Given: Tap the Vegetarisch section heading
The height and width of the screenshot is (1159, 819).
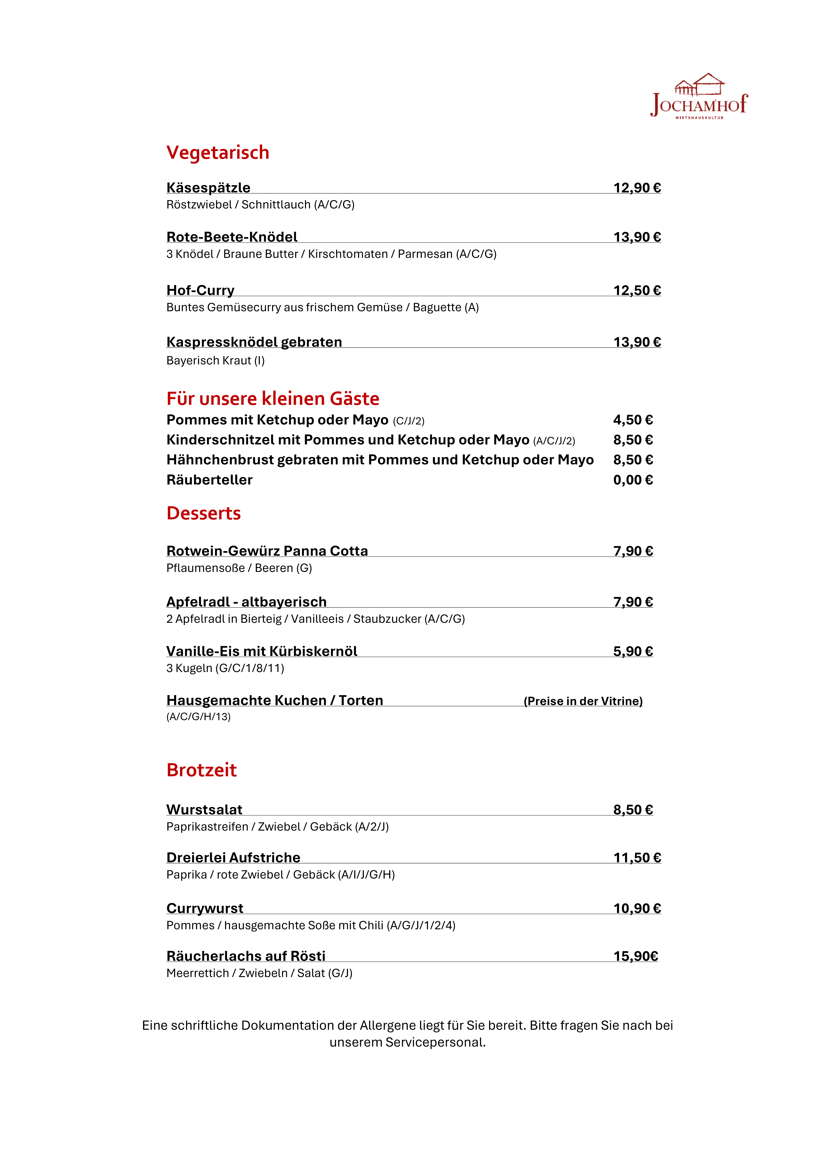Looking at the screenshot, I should [x=218, y=153].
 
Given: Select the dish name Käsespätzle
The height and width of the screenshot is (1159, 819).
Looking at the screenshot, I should [x=208, y=188].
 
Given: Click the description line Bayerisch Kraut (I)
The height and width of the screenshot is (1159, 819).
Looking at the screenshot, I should [x=215, y=360].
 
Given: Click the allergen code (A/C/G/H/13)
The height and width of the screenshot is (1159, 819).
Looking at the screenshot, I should [x=198, y=717].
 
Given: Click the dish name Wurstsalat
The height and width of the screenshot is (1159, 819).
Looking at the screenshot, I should [x=204, y=810].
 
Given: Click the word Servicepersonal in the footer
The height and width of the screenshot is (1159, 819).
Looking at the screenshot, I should [x=435, y=1042].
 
